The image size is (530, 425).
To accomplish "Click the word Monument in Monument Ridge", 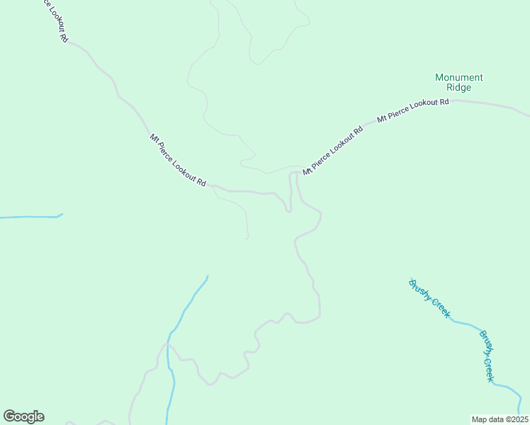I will click(x=458, y=77).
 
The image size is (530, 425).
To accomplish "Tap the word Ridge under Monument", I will click(x=458, y=88).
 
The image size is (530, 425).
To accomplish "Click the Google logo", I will click(x=23, y=416).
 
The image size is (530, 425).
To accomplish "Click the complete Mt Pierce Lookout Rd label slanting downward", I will click(x=177, y=160).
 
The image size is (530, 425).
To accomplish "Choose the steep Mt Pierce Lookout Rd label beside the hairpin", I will click(x=333, y=149).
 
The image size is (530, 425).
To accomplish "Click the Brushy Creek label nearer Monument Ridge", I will click(x=429, y=297).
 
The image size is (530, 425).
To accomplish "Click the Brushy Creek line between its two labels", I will click(x=464, y=323).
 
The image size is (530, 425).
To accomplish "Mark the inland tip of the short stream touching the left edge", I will click(x=62, y=214).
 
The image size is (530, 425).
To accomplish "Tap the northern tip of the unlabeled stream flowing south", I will click(x=208, y=276).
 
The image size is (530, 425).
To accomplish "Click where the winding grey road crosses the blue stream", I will click(x=168, y=347).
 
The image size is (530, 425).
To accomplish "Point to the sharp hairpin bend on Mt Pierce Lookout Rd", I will click(x=288, y=210).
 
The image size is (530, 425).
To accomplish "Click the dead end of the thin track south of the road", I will click(x=247, y=238).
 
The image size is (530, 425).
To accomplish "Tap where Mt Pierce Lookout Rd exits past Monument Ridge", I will click(x=528, y=115).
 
